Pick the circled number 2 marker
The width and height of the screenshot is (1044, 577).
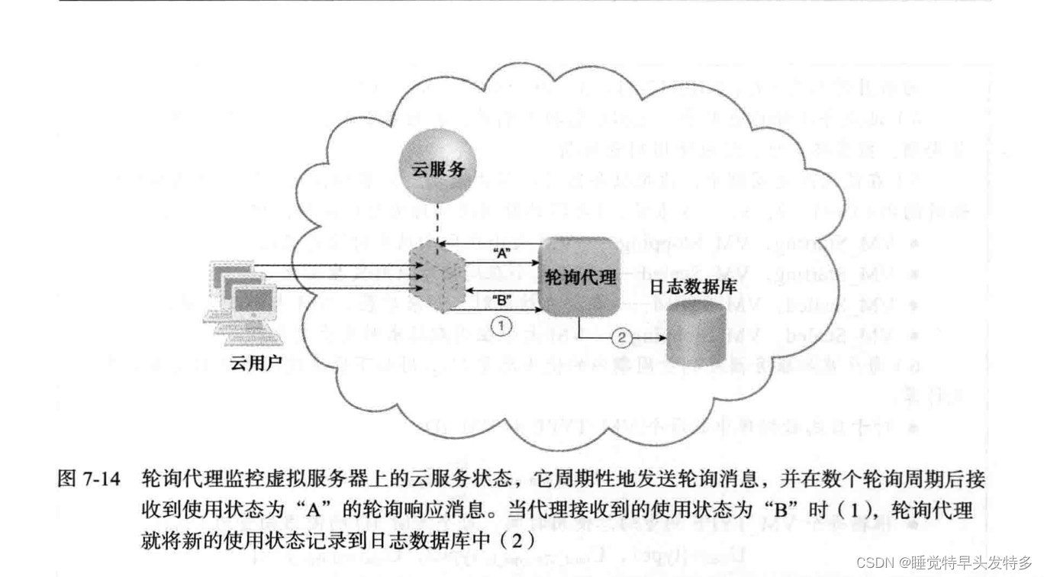tap(623, 335)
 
